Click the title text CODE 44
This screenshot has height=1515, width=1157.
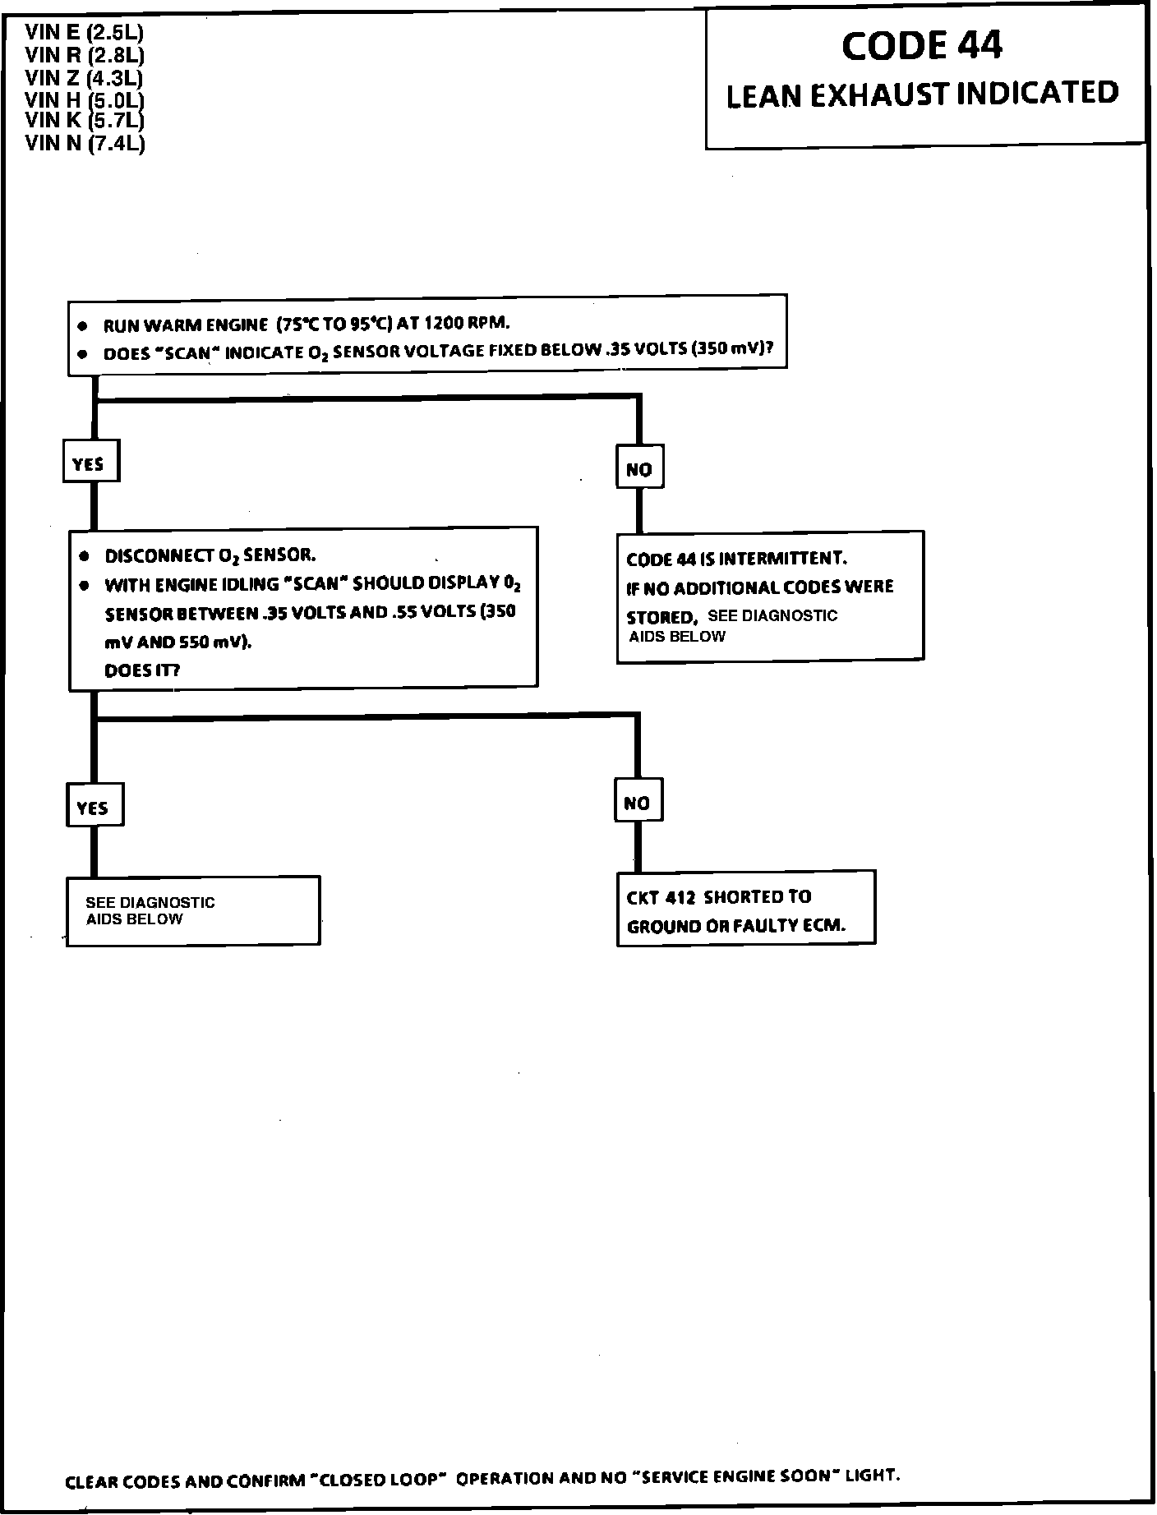[921, 46]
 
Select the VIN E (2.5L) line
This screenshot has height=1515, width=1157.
[85, 33]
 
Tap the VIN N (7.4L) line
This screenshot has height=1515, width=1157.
[85, 143]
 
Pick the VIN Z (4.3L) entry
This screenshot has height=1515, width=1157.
[85, 78]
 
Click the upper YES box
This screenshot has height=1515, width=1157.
[90, 463]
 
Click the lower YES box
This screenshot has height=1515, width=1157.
[94, 807]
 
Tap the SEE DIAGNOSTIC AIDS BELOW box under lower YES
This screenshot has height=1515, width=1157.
[192, 910]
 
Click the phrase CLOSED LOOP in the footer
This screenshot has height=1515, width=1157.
[381, 1480]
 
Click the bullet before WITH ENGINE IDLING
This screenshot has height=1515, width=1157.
[84, 586]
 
